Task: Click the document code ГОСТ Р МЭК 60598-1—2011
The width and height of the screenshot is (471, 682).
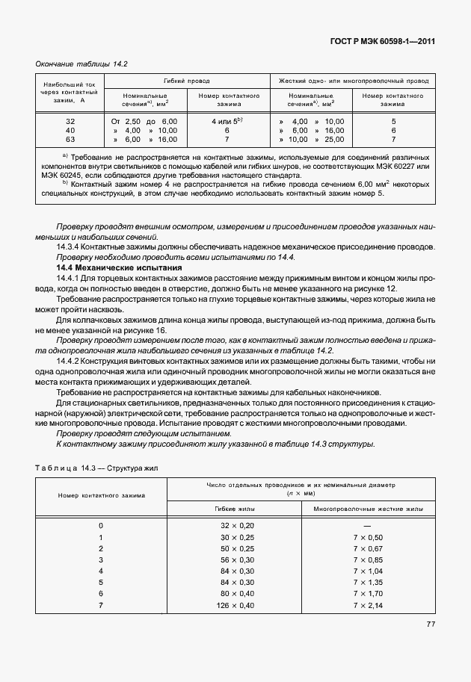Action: tap(383, 41)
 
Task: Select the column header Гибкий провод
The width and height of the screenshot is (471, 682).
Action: tap(186, 80)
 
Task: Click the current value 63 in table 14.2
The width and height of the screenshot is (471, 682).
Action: tap(70, 140)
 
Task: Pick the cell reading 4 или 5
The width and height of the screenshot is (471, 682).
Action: tap(228, 120)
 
